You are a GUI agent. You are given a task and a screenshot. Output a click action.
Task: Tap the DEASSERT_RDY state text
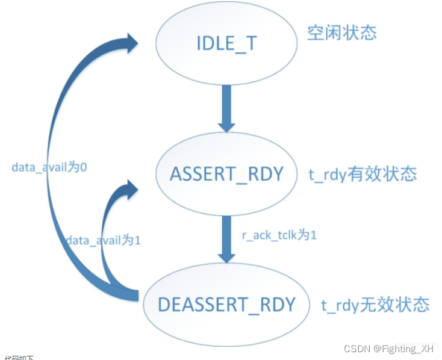[226, 304]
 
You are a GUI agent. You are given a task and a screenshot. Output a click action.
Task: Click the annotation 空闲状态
[342, 33]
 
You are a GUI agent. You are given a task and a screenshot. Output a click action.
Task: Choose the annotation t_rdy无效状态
[375, 305]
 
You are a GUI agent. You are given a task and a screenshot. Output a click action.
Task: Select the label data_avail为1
[103, 240]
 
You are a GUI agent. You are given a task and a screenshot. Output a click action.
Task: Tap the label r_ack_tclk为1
[278, 235]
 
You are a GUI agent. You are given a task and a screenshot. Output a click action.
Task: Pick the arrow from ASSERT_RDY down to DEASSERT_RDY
[226, 238]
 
